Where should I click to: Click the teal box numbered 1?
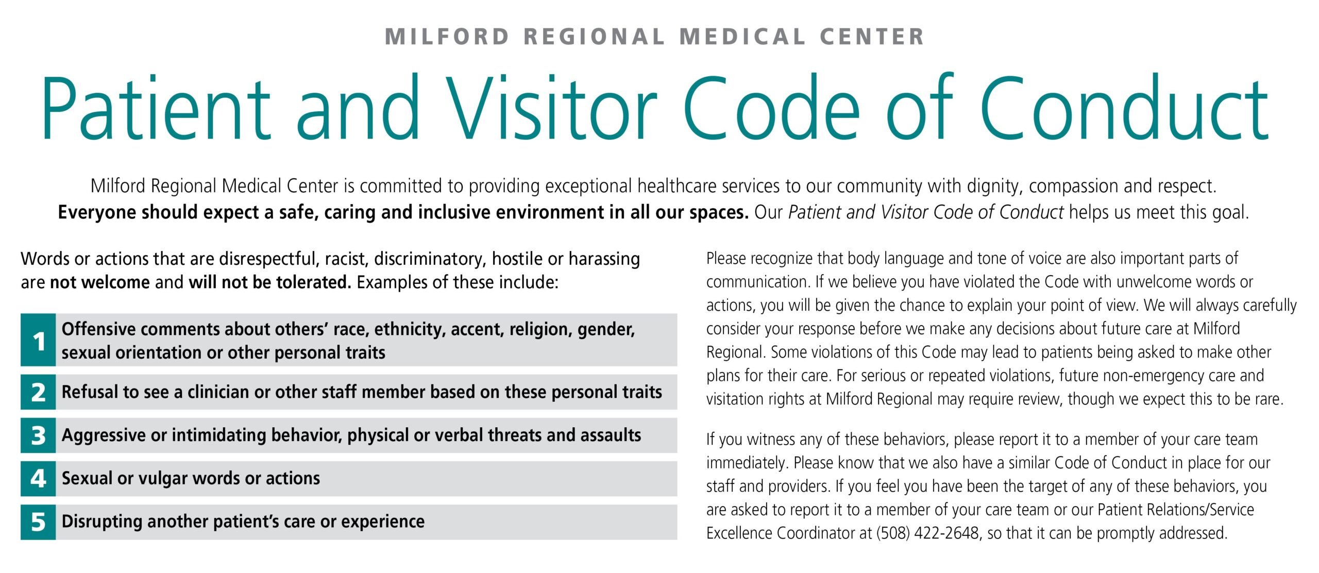click(x=38, y=340)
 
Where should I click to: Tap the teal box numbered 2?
click(x=38, y=392)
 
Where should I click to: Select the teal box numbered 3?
click(x=38, y=435)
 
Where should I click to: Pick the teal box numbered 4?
click(x=38, y=479)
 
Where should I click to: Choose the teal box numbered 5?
click(x=38, y=522)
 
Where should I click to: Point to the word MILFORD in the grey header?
click(x=447, y=37)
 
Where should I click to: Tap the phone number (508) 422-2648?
click(x=927, y=533)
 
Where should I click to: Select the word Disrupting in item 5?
click(x=102, y=521)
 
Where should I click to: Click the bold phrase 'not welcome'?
click(x=99, y=282)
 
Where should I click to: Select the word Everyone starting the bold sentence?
click(x=97, y=212)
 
